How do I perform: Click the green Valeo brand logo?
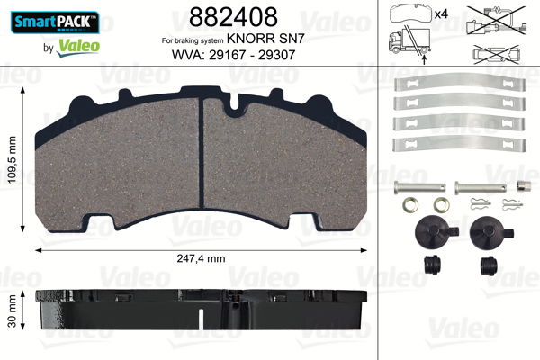tap(73, 42)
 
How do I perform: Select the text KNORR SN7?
tap(271, 40)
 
